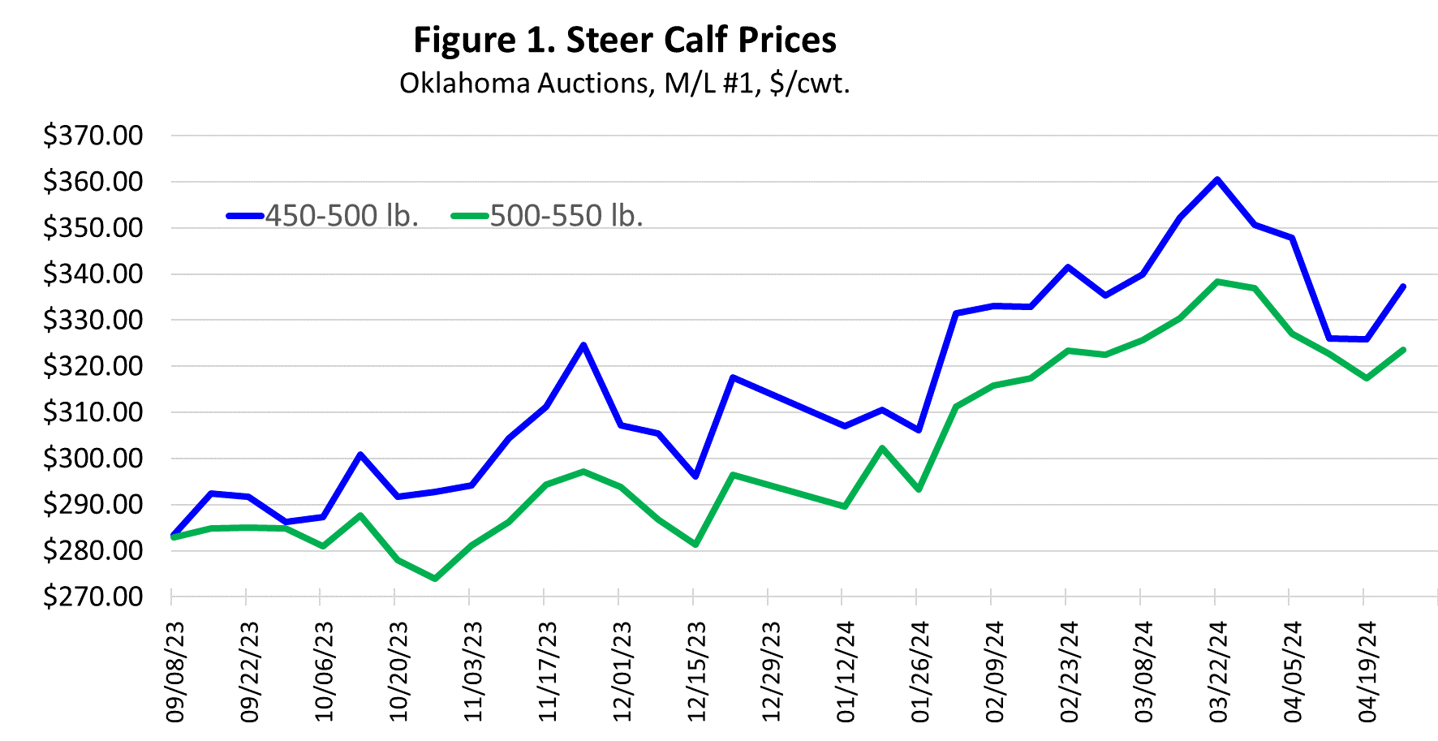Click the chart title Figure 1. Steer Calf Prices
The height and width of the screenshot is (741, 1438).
(x=624, y=40)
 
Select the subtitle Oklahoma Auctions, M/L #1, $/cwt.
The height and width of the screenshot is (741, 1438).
(x=624, y=83)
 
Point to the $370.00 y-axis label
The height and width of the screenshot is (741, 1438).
(x=93, y=136)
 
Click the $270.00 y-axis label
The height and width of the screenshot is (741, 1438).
(x=93, y=597)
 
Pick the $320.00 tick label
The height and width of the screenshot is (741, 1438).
(x=93, y=366)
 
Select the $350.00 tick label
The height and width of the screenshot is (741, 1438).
(x=93, y=228)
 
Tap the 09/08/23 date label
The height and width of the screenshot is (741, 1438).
(x=175, y=672)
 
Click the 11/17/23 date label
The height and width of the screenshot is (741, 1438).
(x=549, y=672)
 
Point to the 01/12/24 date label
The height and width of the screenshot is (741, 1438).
(x=846, y=672)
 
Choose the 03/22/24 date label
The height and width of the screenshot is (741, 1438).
(x=1219, y=672)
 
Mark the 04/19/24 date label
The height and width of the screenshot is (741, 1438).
(x=1368, y=672)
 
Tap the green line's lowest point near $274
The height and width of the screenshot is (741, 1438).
(x=435, y=579)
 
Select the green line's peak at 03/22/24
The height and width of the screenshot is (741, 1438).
(x=1217, y=282)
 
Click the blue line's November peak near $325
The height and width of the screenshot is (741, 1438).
(x=583, y=345)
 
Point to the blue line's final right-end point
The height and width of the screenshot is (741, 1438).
(x=1403, y=286)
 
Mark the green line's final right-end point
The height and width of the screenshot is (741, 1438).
(x=1403, y=350)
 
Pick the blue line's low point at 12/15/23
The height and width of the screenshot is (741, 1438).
(x=695, y=476)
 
